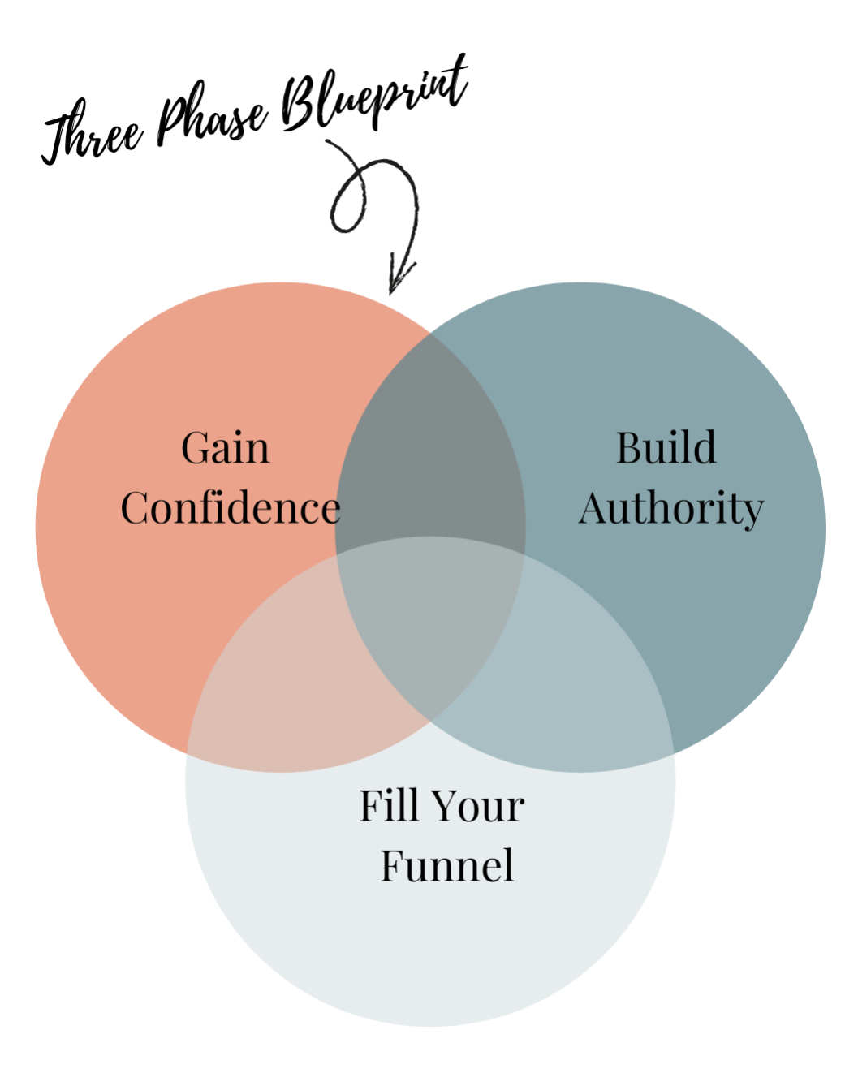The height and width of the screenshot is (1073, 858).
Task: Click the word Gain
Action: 225,448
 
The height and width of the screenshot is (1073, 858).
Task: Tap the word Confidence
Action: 231,509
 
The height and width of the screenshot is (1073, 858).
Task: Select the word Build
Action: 666,448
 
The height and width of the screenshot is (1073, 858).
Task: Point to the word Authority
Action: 671,510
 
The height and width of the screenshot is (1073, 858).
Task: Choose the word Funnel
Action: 447,866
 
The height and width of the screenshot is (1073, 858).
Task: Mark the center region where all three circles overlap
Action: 430,617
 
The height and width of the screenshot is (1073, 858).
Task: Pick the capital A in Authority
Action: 596,509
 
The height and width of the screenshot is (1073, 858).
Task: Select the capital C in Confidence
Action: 136,509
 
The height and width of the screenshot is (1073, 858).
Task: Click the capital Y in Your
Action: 446,806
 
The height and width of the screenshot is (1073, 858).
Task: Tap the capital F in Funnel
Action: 394,866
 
